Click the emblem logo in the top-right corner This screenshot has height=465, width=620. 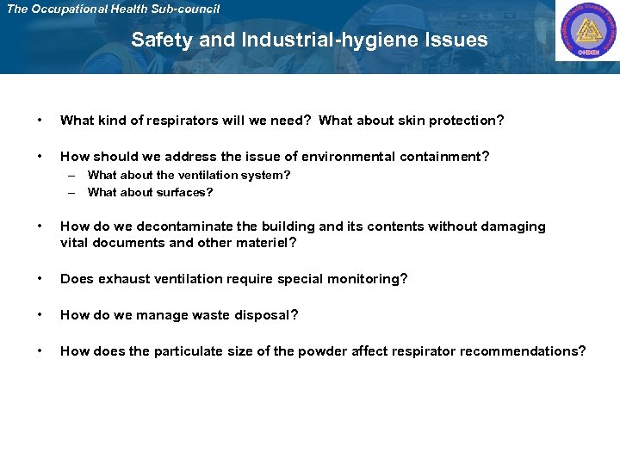pyautogui.click(x=586, y=32)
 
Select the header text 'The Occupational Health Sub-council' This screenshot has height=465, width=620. pyautogui.click(x=113, y=9)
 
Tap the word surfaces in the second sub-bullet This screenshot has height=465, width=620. pyautogui.click(x=183, y=192)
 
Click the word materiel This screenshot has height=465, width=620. pyautogui.click(x=263, y=243)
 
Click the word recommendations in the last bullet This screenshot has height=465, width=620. pyautogui.click(x=519, y=351)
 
